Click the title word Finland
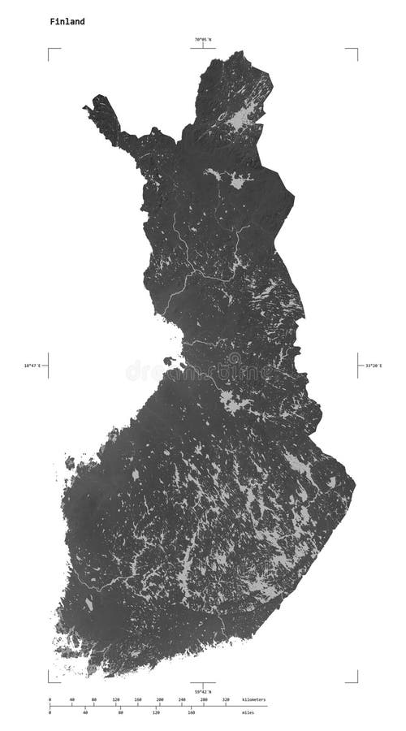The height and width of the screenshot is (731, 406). click(66, 22)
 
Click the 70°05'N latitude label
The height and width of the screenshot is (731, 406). click(202, 40)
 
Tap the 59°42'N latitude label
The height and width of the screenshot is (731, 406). click(202, 691)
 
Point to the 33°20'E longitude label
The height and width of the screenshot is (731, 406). click(372, 365)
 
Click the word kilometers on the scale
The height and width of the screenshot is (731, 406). click(253, 699)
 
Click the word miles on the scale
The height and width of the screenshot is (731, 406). click(247, 713)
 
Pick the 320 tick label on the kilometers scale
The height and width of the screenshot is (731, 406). click(226, 699)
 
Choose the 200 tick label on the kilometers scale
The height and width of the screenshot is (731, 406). click(160, 699)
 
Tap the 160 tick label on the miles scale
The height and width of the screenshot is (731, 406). click(192, 713)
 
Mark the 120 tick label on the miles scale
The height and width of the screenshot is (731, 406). click(156, 713)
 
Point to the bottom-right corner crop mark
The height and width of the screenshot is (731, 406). click(356, 681)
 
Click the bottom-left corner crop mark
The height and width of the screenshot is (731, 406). click(50, 681)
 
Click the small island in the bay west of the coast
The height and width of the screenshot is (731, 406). click(169, 361)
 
